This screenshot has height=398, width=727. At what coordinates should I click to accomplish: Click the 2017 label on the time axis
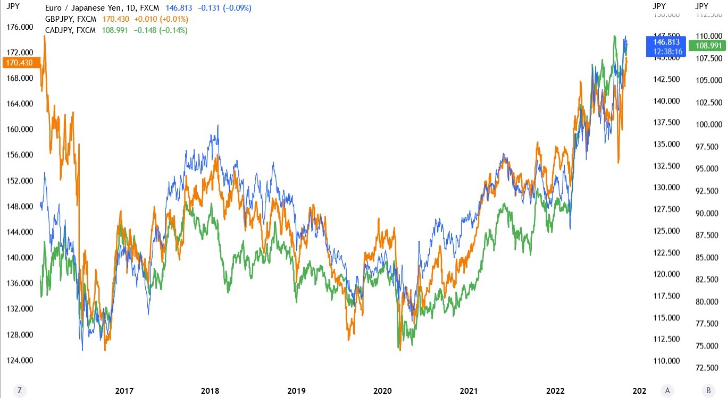124,391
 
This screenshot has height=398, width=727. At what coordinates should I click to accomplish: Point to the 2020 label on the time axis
382,391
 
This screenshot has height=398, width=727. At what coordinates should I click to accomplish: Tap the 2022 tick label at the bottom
555,391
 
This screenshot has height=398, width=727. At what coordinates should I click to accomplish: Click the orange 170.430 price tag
18,63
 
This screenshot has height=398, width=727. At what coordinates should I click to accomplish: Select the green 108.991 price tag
708,46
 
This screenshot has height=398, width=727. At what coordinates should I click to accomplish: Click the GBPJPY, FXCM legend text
71,19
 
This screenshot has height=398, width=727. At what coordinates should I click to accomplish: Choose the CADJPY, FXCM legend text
71,30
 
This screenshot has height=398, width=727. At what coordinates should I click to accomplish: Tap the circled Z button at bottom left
19,391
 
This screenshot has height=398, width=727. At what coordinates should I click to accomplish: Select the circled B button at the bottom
708,391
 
